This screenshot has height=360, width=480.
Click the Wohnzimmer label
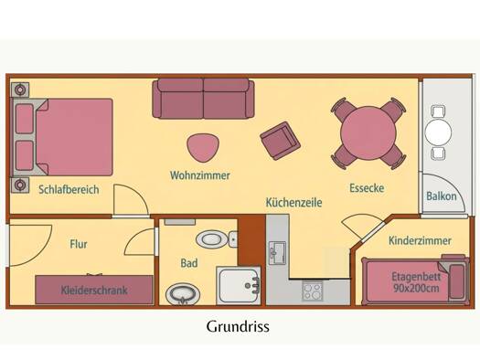pyautogui.click(x=200, y=175)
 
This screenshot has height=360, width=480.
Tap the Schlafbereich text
pyautogui.click(x=69, y=190)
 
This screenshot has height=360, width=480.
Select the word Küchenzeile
pyautogui.click(x=293, y=203)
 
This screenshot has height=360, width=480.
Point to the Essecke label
pyautogui.click(x=367, y=188)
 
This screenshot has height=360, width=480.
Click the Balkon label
pyautogui.click(x=442, y=196)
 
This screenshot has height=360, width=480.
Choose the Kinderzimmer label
pyautogui.click(x=420, y=240)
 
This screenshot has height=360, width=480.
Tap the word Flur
pyautogui.click(x=79, y=244)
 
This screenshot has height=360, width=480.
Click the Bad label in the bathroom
pyautogui.click(x=189, y=263)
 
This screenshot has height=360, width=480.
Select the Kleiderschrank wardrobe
pyautogui.click(x=94, y=290)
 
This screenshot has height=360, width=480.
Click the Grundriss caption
pyautogui.click(x=238, y=326)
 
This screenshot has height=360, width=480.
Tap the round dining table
pyautogui.click(x=368, y=133)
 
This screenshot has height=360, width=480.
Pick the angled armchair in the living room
pyautogui.click(x=280, y=141)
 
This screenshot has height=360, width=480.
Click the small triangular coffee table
pyautogui.click(x=203, y=148)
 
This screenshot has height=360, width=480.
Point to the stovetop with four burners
pyautogui.click(x=313, y=291)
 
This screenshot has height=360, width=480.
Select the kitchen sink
pyautogui.click(x=277, y=253)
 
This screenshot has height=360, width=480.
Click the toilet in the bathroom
pyautogui.click(x=216, y=239)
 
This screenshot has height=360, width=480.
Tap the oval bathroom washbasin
pyautogui.click(x=183, y=294)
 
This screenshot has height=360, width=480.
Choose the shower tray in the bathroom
pyautogui.click(x=239, y=286)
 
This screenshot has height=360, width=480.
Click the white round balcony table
pyautogui.click(x=438, y=132)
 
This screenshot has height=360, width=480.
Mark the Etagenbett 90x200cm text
pyautogui.click(x=416, y=282)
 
